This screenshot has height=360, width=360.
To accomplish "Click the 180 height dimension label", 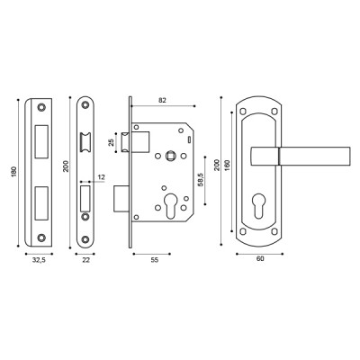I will coord(12,172).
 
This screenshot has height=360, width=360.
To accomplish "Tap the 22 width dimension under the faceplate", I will coord(86,259).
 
